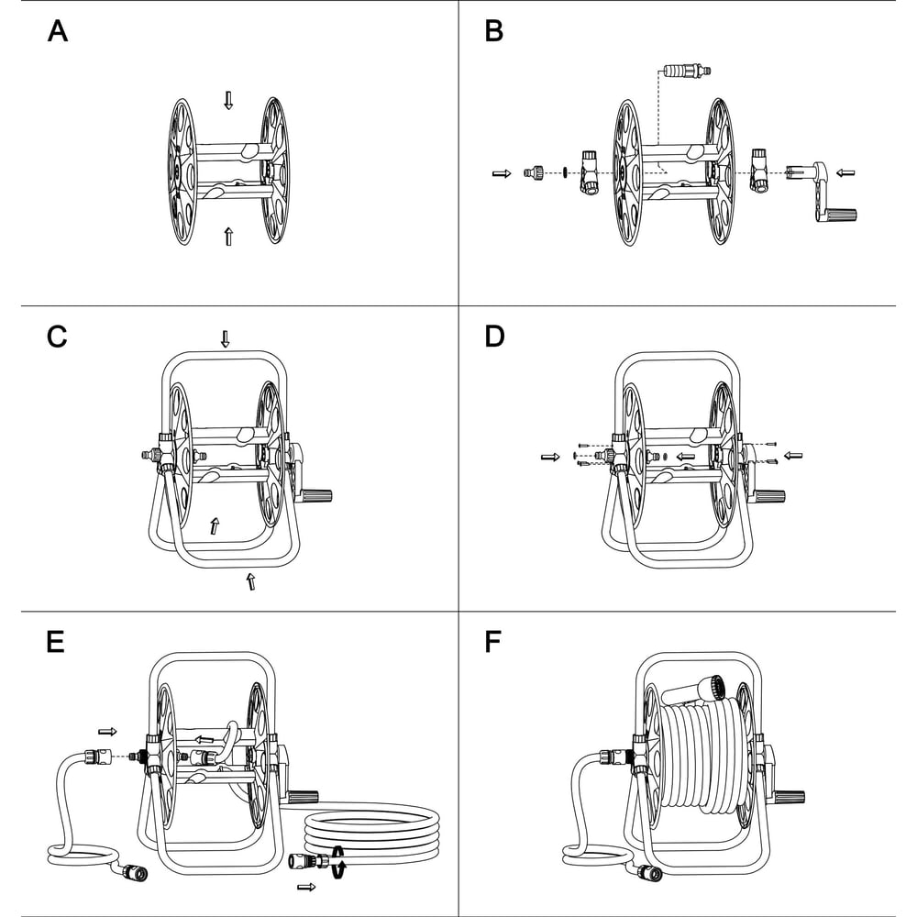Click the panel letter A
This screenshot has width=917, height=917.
tap(57, 31)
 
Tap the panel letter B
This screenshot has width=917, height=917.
tap(493, 31)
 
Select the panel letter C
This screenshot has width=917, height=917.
tap(57, 337)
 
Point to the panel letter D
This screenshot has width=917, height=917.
tap(494, 337)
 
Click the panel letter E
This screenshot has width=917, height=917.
tap(55, 642)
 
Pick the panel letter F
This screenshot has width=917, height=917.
tap(493, 642)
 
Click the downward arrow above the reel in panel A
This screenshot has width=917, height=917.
tap(228, 100)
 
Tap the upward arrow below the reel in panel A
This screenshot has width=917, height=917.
tap(228, 237)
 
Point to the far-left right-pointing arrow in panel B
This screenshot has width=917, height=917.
tap(502, 173)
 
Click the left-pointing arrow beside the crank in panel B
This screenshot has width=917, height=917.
tap(845, 173)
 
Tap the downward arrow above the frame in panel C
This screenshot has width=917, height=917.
tap(226, 339)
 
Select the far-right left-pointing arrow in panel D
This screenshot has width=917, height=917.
tap(793, 456)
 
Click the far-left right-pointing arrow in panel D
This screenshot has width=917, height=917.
tap(550, 457)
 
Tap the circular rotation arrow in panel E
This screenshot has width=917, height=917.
tap(338, 861)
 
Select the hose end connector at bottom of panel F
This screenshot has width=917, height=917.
tap(651, 872)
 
